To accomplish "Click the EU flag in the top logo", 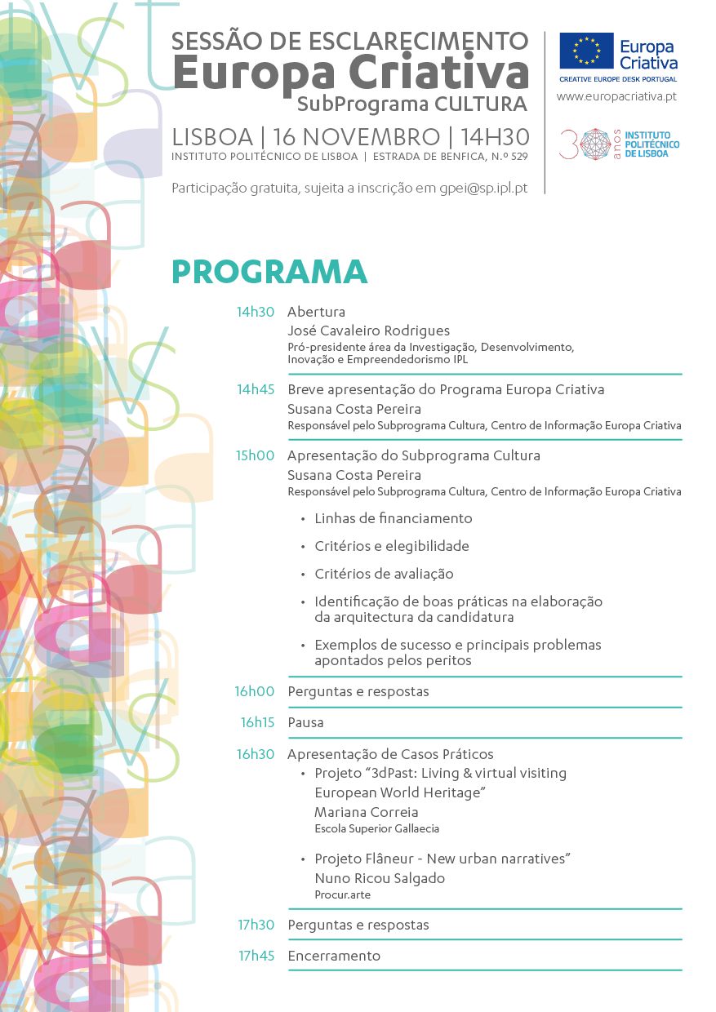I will pos(586,51).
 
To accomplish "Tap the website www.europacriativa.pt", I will pos(616,96).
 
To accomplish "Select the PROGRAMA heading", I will pos(269,272).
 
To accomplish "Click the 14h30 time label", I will pos(256,312).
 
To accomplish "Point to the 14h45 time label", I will pos(256,389).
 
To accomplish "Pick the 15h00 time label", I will pos(256,455).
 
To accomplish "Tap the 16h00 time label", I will pos(255,691).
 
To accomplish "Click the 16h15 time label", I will pos(257,722).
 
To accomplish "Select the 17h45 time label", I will pos(256,956).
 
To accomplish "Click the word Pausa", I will pos(305,722).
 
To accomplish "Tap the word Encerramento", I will pos(334,956).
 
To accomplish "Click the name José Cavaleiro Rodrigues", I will pos(368,331).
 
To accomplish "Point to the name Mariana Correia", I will pos(366,812).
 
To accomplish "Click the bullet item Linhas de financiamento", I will pos(393,518).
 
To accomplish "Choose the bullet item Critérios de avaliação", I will pos(384,574).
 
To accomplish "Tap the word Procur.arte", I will pos(342,894).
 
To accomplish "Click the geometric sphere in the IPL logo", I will pos(595,144).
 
